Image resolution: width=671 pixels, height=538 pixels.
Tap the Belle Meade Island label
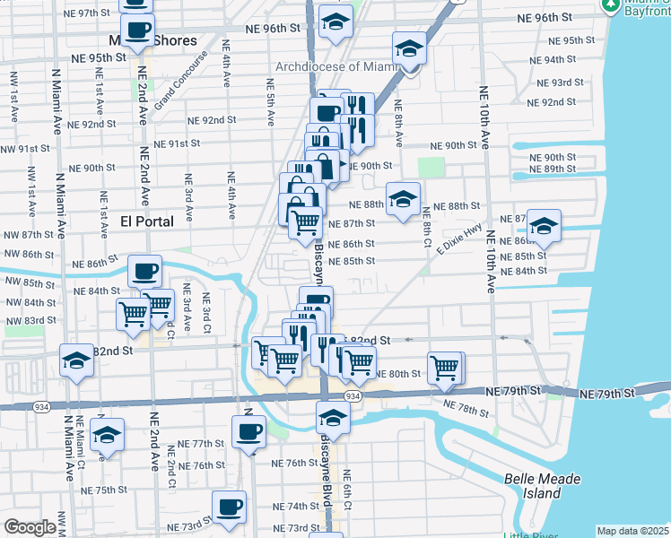(542, 486)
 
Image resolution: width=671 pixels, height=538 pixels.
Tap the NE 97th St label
(92, 14)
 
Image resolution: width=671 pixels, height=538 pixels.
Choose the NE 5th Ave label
(270, 100)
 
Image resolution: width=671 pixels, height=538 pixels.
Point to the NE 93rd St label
(556, 82)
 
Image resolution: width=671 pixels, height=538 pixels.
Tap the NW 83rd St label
(29, 320)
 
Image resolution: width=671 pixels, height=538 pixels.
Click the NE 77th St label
(200, 444)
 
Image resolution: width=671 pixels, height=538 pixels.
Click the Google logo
(30, 527)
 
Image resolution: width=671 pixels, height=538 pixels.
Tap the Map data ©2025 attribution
(632, 531)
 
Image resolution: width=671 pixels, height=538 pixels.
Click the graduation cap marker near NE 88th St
(403, 197)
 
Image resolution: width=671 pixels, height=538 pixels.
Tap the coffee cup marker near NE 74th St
(229, 505)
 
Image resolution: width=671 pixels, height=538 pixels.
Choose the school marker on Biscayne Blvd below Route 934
(333, 416)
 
